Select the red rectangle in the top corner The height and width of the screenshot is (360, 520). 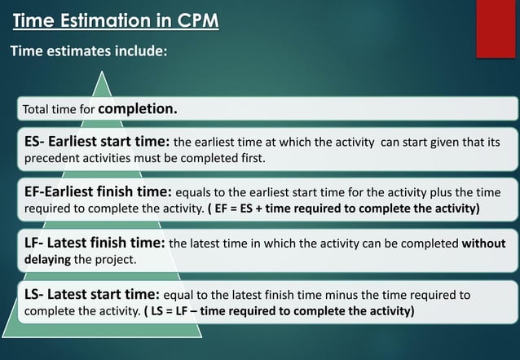[x=496, y=29]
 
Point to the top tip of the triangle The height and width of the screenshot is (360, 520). [x=102, y=72]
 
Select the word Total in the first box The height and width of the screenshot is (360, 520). [x=36, y=109]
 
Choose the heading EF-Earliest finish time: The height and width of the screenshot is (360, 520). [x=99, y=192]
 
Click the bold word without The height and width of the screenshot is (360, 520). [x=483, y=244]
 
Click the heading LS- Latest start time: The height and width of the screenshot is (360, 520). [x=93, y=294]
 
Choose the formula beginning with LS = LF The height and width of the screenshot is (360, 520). [x=279, y=311]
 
